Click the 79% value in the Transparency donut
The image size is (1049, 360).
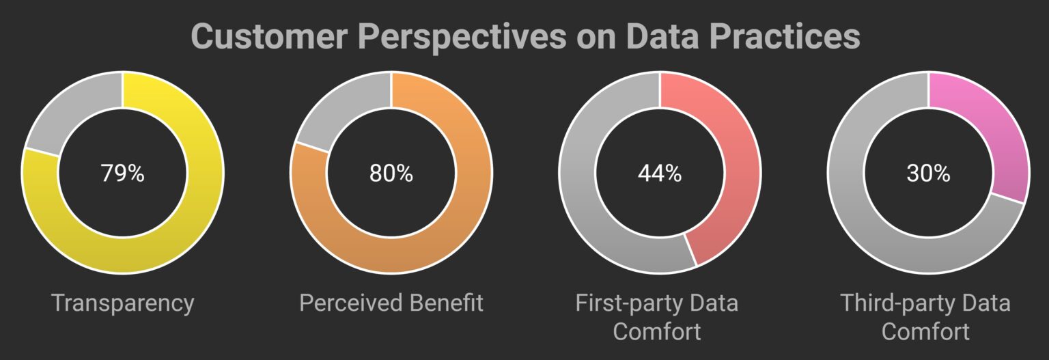[x=122, y=174]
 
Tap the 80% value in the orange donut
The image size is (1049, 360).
[x=391, y=174]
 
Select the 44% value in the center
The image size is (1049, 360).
[x=660, y=174]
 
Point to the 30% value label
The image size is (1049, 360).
[x=928, y=174]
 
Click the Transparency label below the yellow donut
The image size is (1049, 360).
[x=123, y=303]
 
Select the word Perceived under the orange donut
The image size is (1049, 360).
[x=348, y=303]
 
